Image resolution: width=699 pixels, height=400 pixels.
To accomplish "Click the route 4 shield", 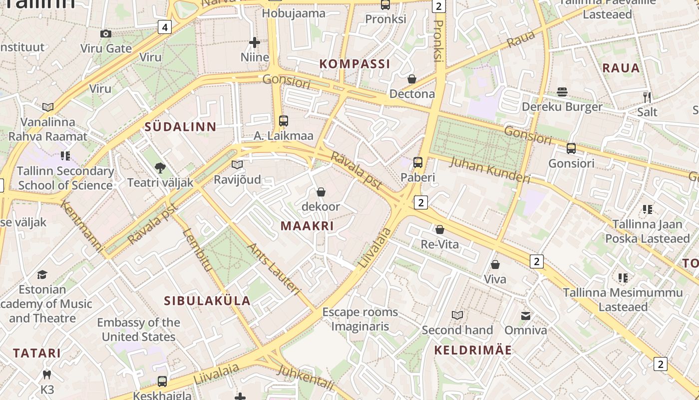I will pos(165,27).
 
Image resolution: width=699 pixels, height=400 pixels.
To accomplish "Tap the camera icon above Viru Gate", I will pos(106,33).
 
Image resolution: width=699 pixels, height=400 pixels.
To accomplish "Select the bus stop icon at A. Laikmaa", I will pos(284,120).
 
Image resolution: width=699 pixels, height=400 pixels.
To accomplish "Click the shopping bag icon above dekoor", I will pos(321,192).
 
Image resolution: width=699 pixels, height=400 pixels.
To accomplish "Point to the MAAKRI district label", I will pos(307,225).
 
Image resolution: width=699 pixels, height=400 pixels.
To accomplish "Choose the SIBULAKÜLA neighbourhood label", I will pos(207,300).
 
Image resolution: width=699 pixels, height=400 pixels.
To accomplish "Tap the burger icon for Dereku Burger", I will pos(562,92).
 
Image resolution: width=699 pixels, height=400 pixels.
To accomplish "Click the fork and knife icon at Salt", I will pos(647,97).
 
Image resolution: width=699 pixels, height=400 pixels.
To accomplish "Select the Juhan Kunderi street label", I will pos(490,170).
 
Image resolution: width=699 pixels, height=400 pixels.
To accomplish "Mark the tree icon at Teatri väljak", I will pos(160,168).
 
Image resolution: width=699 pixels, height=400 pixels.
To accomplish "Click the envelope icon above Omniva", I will pos(526,315).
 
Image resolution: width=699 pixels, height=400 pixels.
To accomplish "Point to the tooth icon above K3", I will pos(47,374).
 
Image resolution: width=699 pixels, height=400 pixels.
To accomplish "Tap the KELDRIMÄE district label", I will pos(473,349).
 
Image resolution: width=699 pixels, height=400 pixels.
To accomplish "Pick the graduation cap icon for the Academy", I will pos(42,275).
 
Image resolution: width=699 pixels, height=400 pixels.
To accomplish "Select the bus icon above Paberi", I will pos(418,162).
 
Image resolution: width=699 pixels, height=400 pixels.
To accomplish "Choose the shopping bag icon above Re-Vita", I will pos(440,229).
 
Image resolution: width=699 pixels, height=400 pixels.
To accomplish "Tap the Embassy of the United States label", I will pos(139,329).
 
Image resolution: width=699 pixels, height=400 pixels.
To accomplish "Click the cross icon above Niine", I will pos(255,42).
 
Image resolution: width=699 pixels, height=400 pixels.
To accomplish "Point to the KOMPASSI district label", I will pos(354,63).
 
